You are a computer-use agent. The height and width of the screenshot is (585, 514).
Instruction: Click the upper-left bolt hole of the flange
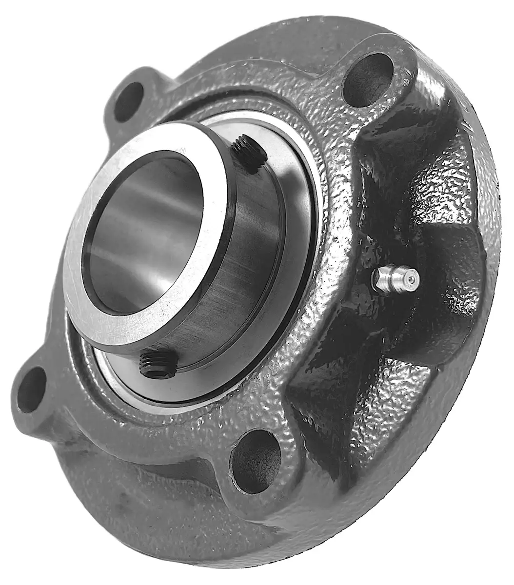tap(129, 102)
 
